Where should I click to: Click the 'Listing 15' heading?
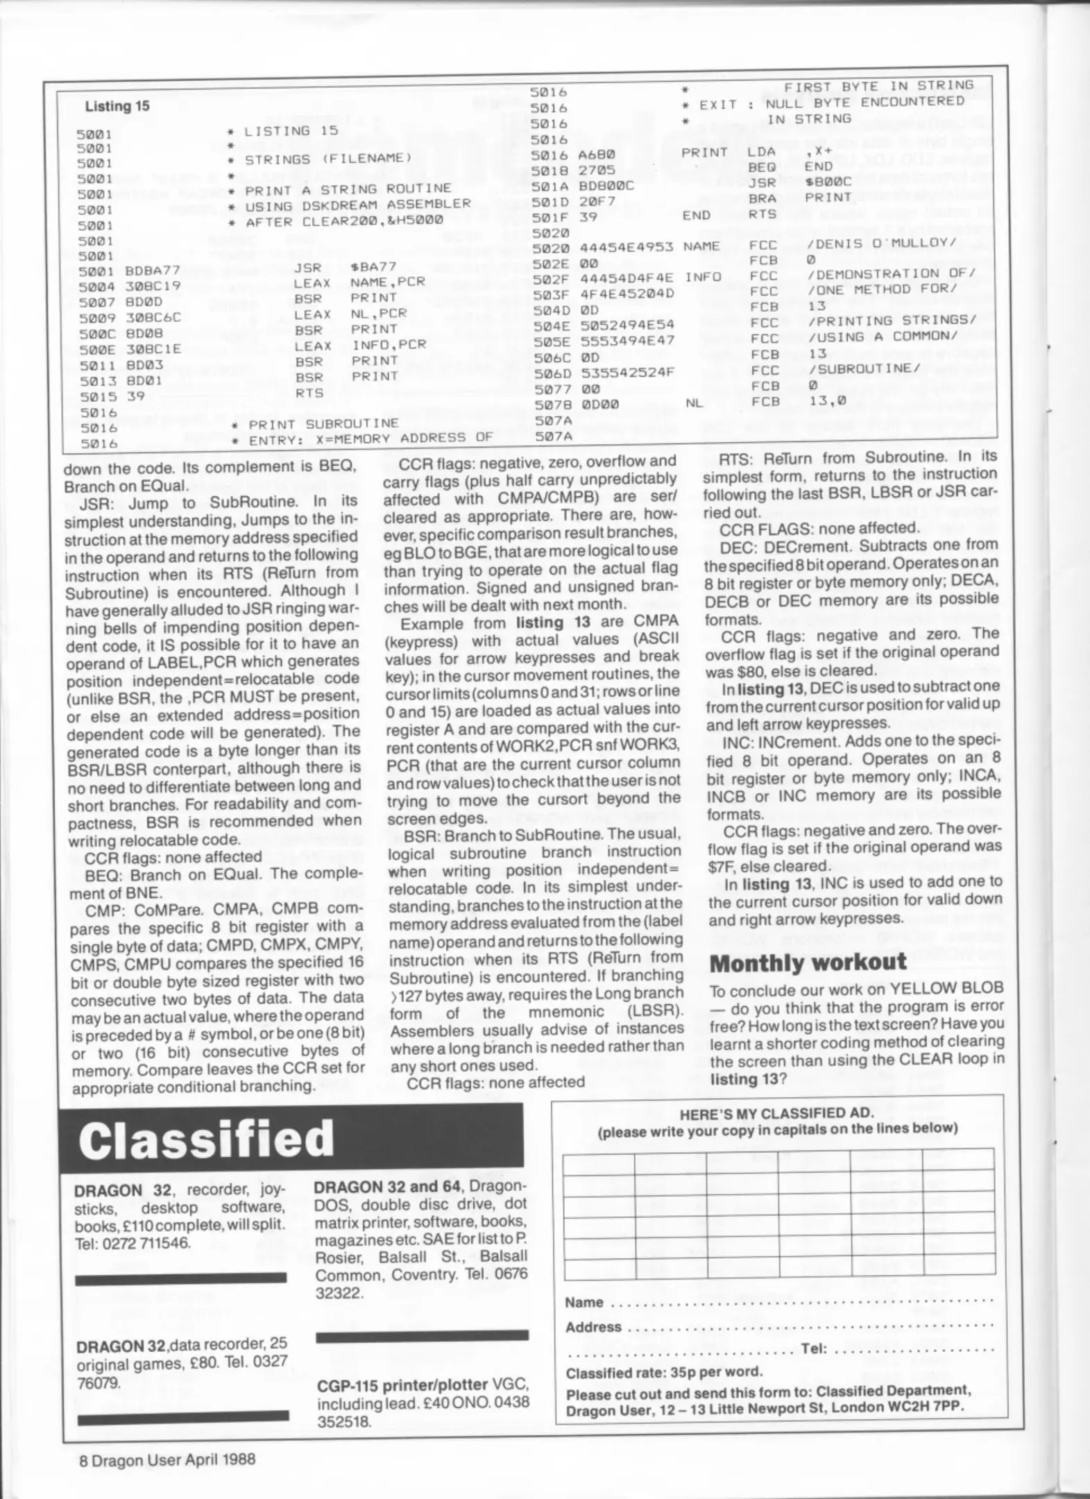point(117,106)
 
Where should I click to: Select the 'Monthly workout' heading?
point(808,963)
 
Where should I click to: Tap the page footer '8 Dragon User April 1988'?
point(167,1459)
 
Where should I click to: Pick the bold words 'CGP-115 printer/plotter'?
point(402,1385)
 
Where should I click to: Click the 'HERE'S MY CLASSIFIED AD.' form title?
point(776,1114)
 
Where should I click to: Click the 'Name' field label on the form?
point(584,1303)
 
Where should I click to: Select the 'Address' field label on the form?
point(593,1327)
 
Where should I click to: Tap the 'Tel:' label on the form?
point(813,1348)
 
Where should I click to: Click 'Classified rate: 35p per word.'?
point(664,1371)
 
